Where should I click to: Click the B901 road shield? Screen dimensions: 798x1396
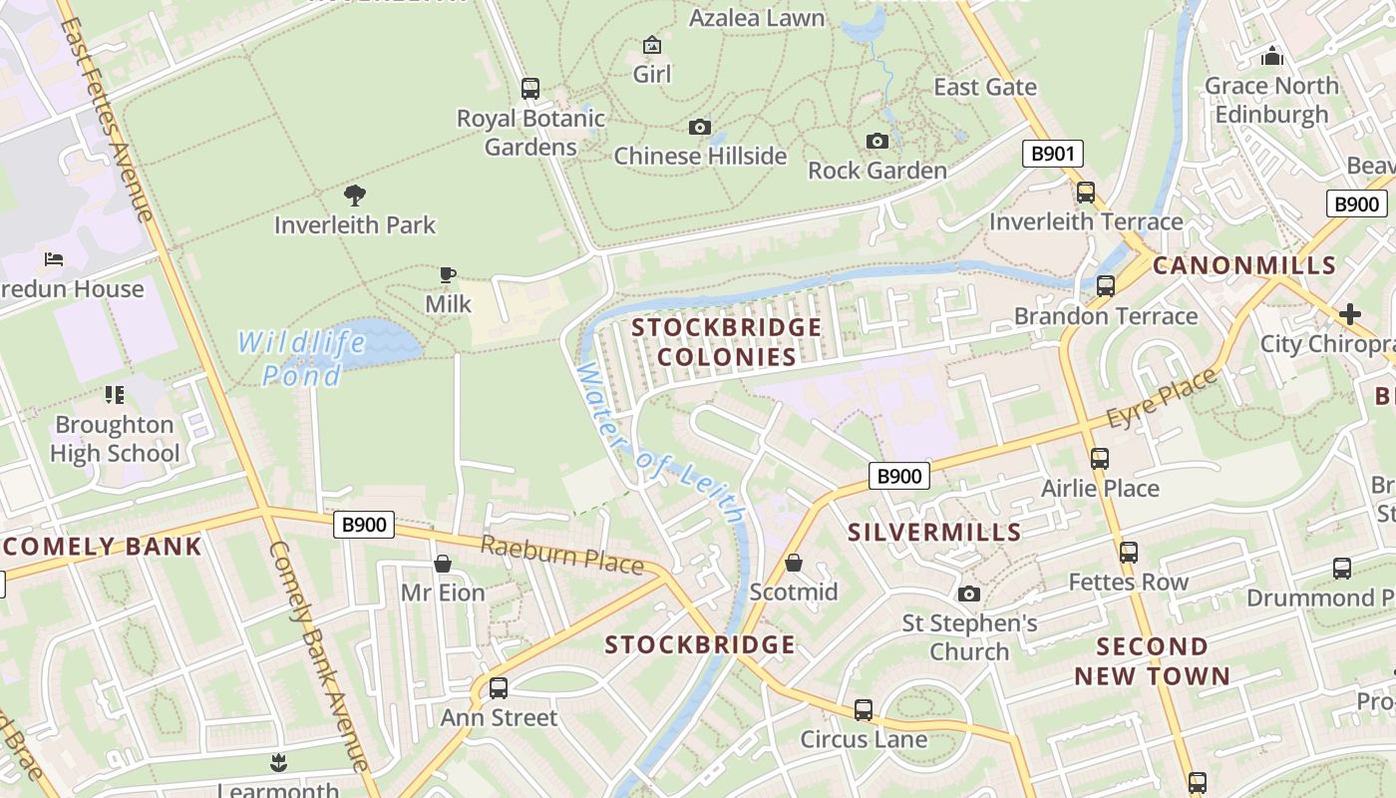[1052, 154]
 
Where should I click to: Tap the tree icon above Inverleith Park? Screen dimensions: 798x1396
[354, 195]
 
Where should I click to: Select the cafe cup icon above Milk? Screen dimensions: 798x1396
[448, 274]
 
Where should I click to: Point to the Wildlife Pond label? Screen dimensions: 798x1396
[301, 359]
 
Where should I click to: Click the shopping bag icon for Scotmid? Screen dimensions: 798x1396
[794, 564]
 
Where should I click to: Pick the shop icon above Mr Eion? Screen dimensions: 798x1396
[443, 565]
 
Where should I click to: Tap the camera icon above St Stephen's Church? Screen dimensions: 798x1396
[968, 595]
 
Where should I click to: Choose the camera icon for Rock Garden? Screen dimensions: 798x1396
[877, 142]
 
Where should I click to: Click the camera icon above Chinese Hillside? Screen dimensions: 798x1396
[700, 128]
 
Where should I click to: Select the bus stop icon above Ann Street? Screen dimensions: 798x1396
[498, 687]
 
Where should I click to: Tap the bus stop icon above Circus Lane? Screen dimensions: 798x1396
[864, 710]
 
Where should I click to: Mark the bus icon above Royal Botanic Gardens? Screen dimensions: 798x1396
[530, 89]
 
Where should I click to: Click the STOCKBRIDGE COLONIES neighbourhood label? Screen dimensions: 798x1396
[727, 342]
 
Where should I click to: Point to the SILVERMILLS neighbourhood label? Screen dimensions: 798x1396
[934, 532]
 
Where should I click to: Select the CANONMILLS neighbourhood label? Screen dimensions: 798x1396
[1244, 265]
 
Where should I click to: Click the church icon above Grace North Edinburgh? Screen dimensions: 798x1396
[1271, 56]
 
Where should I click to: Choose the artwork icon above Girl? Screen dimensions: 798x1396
[652, 45]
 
